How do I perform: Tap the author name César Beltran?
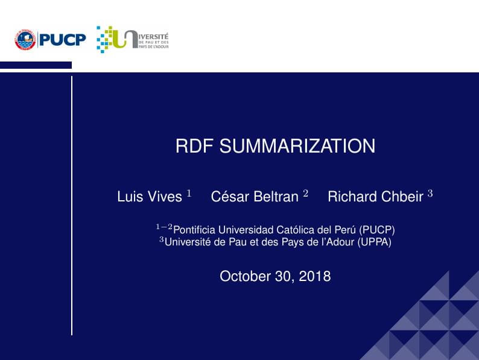(x=255, y=197)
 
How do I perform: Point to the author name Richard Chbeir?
(x=375, y=197)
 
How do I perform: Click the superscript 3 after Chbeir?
(x=430, y=194)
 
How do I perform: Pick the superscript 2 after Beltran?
(x=305, y=194)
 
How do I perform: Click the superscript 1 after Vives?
(x=188, y=194)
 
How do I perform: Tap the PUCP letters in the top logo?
(x=63, y=40)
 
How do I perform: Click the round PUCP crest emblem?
(x=25, y=40)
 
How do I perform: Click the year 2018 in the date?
(x=314, y=276)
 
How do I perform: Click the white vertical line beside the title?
(x=72, y=205)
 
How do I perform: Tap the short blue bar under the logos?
(x=36, y=65)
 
